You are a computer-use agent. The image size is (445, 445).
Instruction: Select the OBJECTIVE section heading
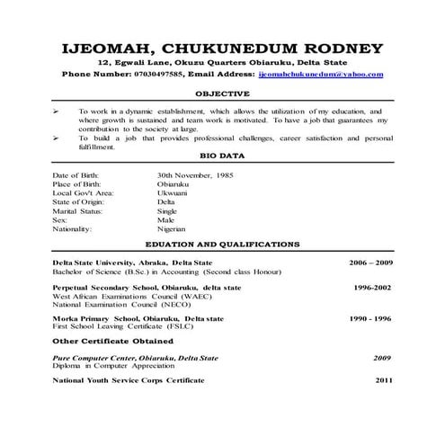click(x=221, y=93)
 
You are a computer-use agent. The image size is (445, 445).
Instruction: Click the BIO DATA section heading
click(x=221, y=156)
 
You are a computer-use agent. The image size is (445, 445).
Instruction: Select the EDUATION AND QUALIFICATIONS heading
click(x=221, y=244)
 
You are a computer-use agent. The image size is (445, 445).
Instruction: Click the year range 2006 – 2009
click(x=371, y=262)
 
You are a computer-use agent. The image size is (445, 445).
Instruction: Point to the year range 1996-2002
click(x=372, y=287)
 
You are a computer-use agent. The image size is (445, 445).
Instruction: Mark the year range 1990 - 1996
click(x=371, y=319)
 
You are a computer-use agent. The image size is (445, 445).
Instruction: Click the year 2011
click(x=384, y=380)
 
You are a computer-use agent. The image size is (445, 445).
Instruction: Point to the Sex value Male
click(x=166, y=219)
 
